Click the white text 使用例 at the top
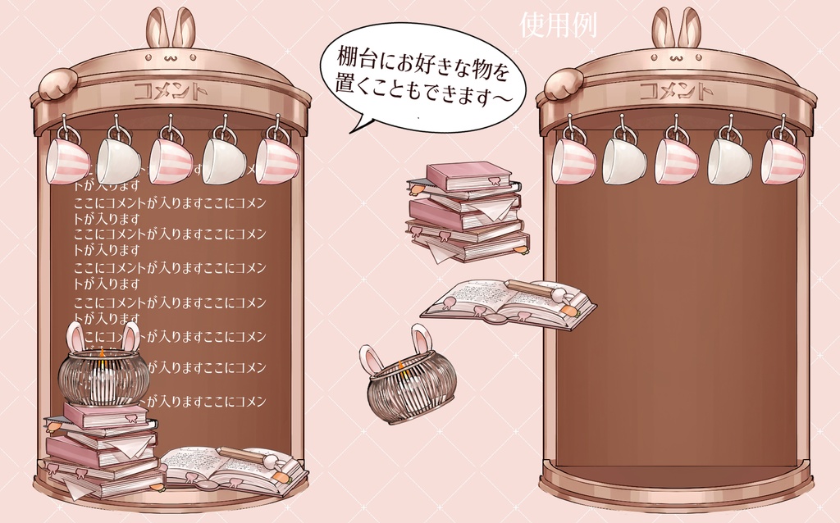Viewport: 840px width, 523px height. [558, 25]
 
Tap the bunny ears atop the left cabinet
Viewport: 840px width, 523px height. [171, 28]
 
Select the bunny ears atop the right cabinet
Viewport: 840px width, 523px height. [677, 28]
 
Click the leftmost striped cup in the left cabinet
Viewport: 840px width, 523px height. [67, 159]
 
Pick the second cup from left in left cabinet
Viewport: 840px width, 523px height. [119, 159]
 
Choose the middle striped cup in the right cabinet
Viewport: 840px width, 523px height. [677, 159]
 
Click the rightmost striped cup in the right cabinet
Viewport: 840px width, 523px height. [782, 159]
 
